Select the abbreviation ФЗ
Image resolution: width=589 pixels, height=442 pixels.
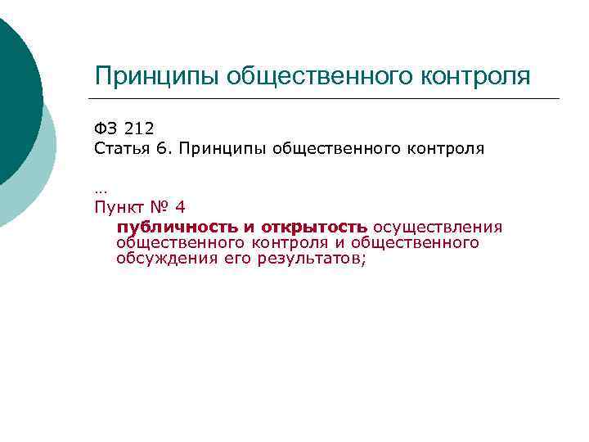(x=104, y=129)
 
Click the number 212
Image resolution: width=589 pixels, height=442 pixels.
(x=138, y=129)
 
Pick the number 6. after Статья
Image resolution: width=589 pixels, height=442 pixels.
(x=164, y=150)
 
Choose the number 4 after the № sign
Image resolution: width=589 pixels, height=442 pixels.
(x=181, y=206)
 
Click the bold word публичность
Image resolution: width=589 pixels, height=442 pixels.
(x=176, y=227)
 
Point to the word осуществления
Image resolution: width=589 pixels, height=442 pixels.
(x=438, y=227)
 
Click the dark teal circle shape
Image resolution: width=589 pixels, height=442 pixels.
(x=12, y=90)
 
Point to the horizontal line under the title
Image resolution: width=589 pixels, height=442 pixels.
(x=327, y=99)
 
